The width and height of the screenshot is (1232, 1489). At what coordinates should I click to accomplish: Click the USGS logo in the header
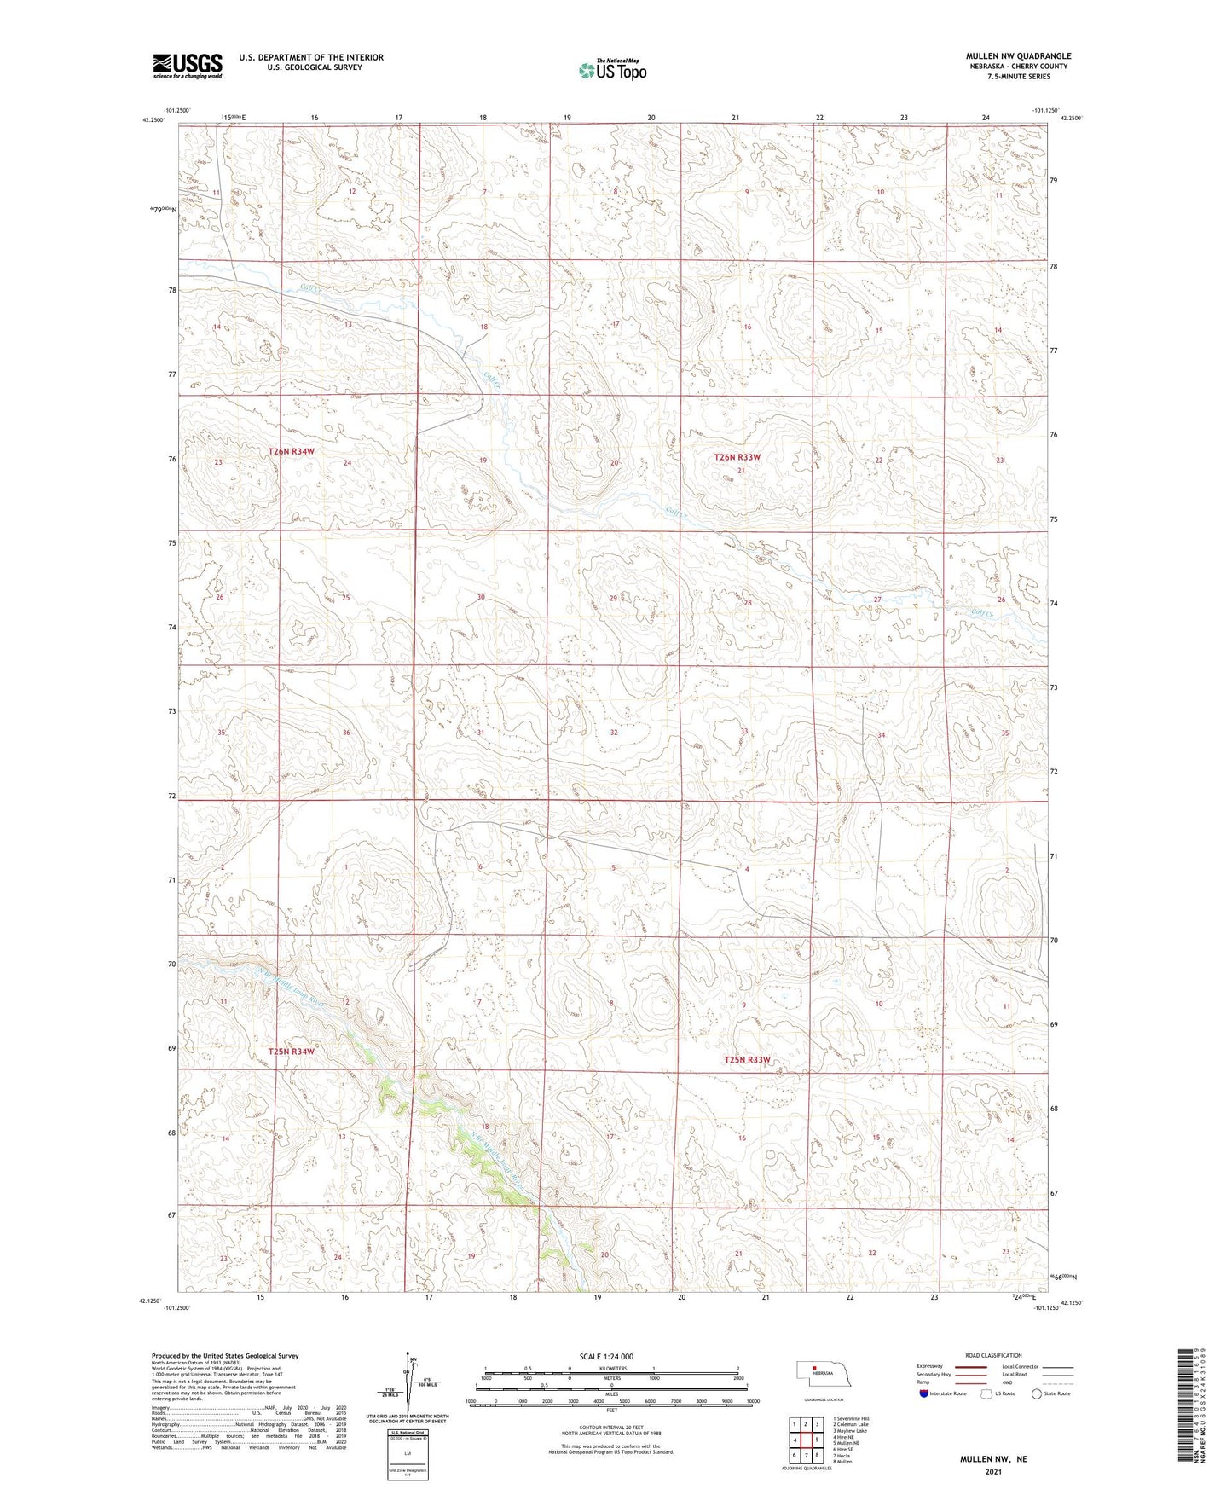187,66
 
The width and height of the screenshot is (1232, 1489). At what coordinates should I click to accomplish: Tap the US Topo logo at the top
611,70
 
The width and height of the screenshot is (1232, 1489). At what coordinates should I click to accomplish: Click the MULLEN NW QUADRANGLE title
1018,56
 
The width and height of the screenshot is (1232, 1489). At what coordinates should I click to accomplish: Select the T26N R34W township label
292,450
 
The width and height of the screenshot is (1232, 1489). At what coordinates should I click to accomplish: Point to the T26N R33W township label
737,457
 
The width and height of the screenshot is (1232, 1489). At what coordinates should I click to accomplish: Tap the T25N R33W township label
747,1060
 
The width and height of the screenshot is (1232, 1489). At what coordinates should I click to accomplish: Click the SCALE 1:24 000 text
606,1356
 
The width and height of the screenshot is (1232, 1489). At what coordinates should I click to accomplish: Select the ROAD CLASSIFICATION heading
992,1355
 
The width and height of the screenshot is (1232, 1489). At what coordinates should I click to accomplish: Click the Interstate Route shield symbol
923,1393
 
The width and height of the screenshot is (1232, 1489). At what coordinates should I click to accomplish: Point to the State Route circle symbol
1037,1393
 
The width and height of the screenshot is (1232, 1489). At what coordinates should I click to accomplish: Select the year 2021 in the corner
993,1472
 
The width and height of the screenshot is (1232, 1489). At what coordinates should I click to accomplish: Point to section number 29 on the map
613,599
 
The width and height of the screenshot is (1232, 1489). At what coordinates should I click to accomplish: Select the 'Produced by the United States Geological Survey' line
225,1355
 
